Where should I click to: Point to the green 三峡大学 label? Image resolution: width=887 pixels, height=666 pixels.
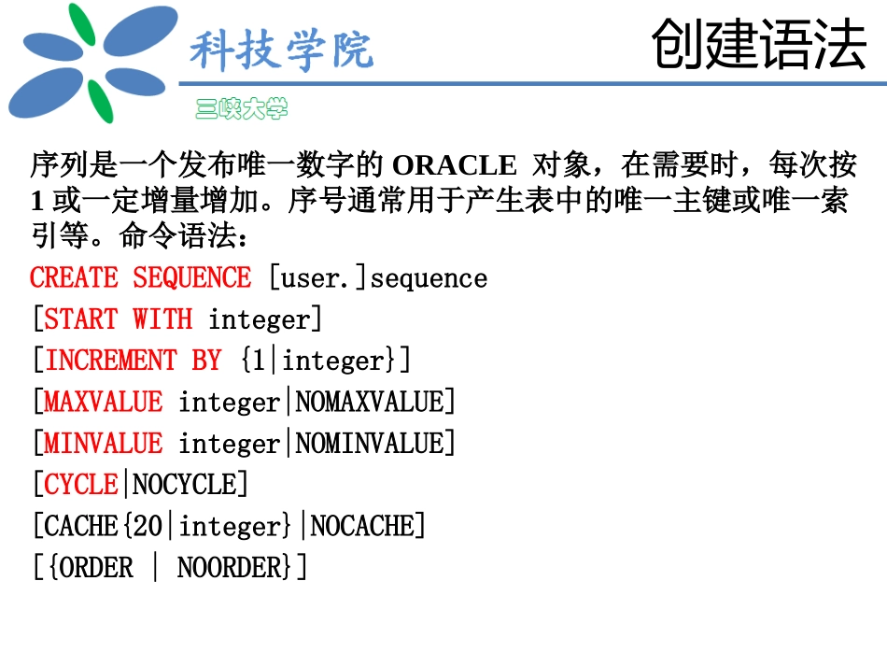(241, 109)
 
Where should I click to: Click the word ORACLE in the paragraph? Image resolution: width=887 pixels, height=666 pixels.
(454, 166)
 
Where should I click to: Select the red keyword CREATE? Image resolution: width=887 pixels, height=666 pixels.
(74, 278)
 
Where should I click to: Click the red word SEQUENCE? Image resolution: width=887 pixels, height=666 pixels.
(191, 278)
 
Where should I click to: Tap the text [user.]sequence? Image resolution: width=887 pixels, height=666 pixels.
(378, 278)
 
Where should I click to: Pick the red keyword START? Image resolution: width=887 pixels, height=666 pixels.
(80, 319)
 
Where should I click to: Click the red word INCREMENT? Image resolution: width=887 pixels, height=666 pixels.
(111, 361)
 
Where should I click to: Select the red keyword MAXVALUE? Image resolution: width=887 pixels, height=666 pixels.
(103, 402)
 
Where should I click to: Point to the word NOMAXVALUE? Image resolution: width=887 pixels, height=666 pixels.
(370, 402)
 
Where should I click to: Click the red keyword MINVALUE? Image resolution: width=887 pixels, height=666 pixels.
(103, 443)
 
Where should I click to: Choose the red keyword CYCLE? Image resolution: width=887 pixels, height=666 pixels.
(81, 485)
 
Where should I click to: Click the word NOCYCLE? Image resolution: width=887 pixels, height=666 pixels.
(185, 485)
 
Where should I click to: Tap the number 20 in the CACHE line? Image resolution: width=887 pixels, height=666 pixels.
(148, 526)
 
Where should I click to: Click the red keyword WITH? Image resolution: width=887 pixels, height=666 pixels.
(162, 319)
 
